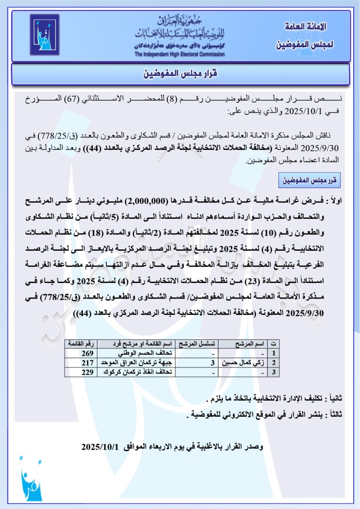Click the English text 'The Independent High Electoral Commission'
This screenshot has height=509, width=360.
pyautogui.click(x=180, y=54)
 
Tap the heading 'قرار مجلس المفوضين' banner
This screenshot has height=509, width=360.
pyautogui.click(x=180, y=74)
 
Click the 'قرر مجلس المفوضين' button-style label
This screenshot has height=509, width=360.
pyautogui.click(x=309, y=180)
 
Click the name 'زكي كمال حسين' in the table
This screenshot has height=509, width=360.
pyautogui.click(x=244, y=362)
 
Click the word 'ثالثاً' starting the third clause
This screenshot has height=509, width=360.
pyautogui.click(x=335, y=415)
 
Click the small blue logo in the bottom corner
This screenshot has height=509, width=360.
pyautogui.click(x=32, y=483)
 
